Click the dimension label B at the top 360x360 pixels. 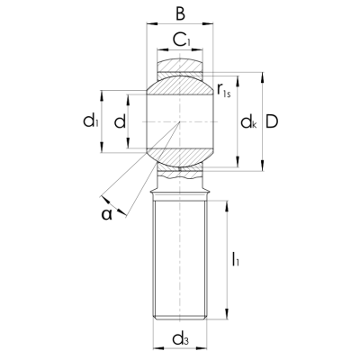tap(181, 14)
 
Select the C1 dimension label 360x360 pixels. tap(181, 39)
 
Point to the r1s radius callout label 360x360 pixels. tap(226, 91)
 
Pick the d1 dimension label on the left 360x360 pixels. tap(90, 121)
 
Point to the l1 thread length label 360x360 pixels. tap(236, 262)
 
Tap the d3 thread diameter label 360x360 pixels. tap(181, 339)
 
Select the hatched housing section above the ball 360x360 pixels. tap(181, 66)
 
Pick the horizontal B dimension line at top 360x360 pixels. tap(181, 27)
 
